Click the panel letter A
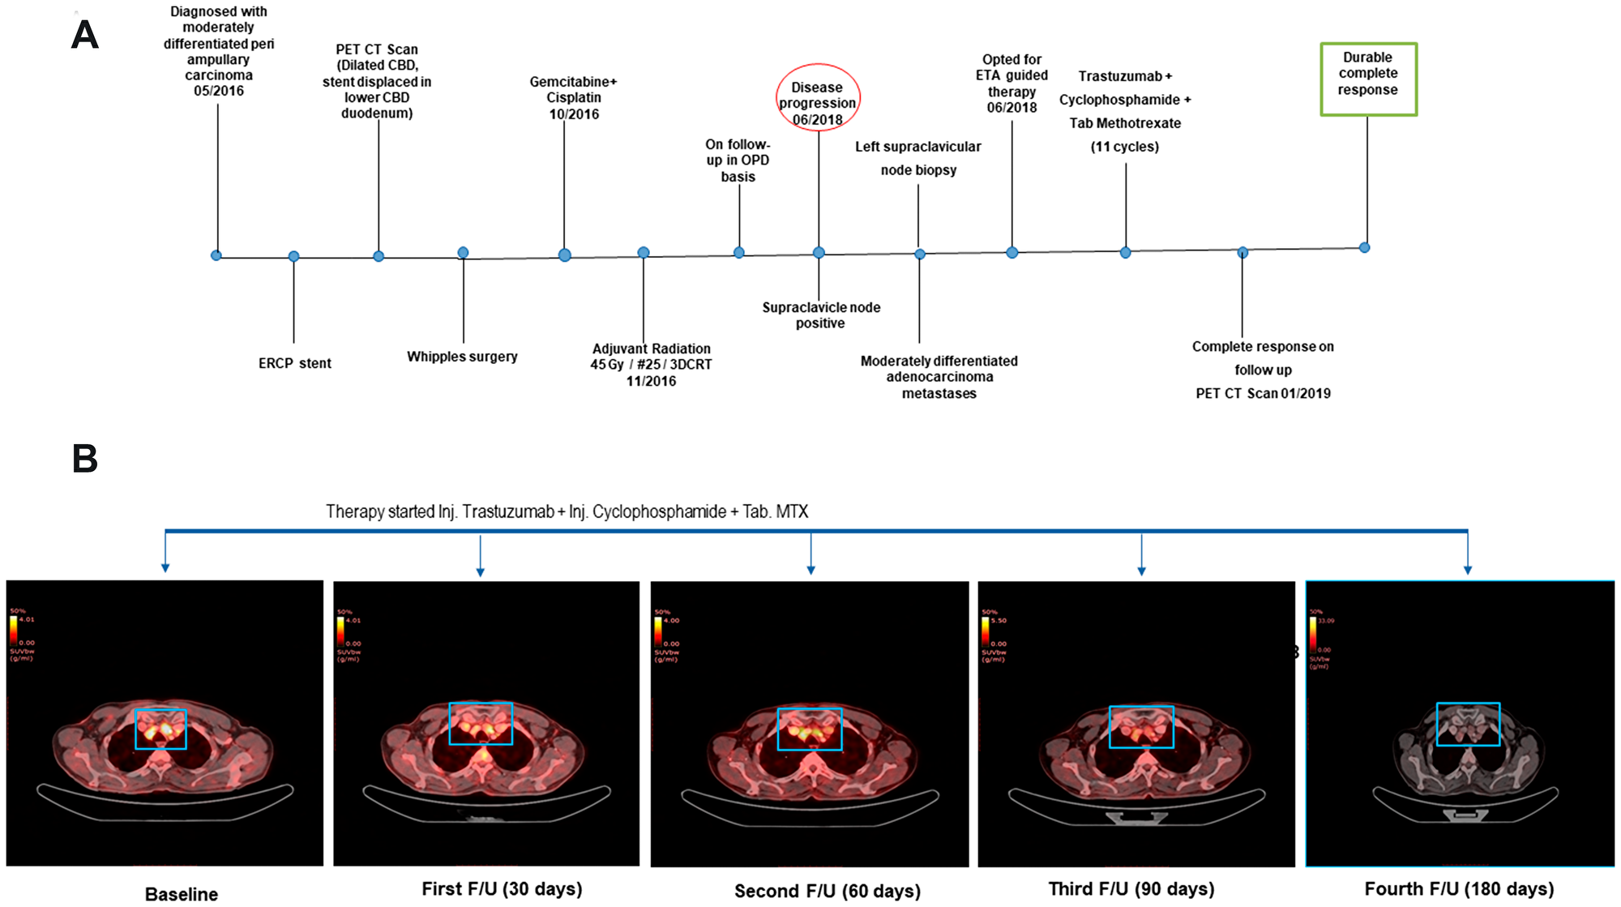pyautogui.click(x=85, y=36)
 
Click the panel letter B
pyautogui.click(x=85, y=459)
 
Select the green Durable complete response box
pyautogui.click(x=1368, y=79)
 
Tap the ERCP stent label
pyautogui.click(x=294, y=363)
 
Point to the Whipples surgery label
pyautogui.click(x=462, y=357)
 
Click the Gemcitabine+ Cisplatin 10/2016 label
pyautogui.click(x=573, y=97)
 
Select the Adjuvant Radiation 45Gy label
pyautogui.click(x=651, y=364)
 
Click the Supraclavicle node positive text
pyautogui.click(x=820, y=314)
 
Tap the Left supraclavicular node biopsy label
pyautogui.click(x=917, y=158)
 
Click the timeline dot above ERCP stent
pyautogui.click(x=293, y=256)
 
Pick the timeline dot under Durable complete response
pyautogui.click(x=1364, y=247)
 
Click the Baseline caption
pyautogui.click(x=182, y=893)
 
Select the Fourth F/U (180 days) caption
pyautogui.click(x=1459, y=888)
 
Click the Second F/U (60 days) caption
pyautogui.click(x=827, y=891)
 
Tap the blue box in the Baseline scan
pyautogui.click(x=160, y=729)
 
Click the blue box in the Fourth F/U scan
pyautogui.click(x=1468, y=724)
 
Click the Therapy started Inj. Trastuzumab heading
pyautogui.click(x=567, y=511)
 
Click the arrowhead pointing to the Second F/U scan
pyautogui.click(x=810, y=570)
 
